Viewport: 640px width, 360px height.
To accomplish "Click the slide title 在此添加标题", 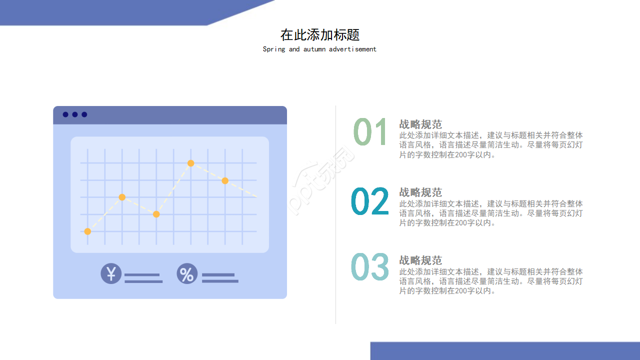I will (320, 35).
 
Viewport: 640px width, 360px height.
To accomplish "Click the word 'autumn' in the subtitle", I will (314, 49).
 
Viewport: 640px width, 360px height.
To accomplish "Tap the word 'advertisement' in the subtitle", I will (352, 49).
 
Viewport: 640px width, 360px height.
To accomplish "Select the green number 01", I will (370, 132).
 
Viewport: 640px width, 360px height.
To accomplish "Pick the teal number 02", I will (370, 201).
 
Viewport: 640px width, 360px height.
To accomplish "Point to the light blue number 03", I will (370, 267).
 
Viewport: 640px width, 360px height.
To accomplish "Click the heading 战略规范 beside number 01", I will (420, 124).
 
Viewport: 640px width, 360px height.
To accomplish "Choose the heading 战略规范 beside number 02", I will (420, 192).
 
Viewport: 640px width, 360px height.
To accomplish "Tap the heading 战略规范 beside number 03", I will (420, 260).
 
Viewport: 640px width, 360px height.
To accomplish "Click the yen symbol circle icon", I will (111, 273).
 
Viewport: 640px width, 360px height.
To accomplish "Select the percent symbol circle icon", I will (187, 274).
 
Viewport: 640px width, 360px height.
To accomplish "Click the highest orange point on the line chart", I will (190, 163).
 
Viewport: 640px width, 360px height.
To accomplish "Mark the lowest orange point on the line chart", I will (87, 231).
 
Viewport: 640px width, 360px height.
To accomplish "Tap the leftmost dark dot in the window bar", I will (65, 114).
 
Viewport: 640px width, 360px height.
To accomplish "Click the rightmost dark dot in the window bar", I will (84, 114).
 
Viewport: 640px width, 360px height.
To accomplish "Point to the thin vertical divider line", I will (335, 215).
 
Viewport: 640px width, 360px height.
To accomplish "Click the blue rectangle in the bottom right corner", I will (505, 351).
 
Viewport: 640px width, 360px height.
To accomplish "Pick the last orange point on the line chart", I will (225, 180).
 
